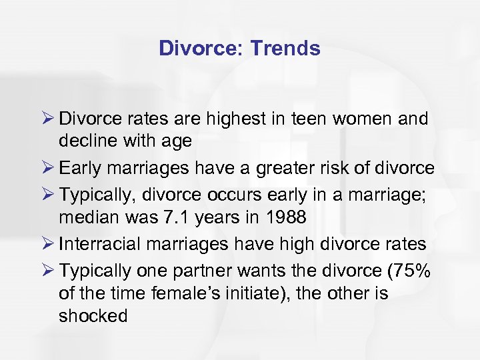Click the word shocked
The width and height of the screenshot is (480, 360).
click(x=93, y=315)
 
